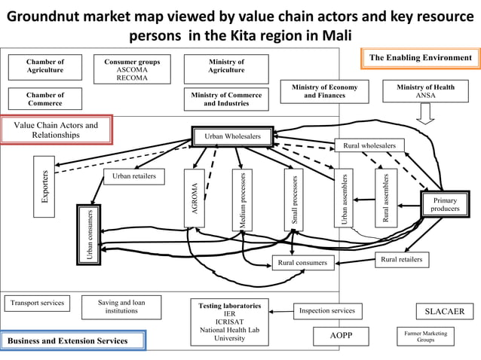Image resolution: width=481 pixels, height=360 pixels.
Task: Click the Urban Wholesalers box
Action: [x=232, y=136]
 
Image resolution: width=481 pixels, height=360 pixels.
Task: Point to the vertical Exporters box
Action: [x=44, y=186]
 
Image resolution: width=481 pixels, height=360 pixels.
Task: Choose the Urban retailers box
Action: [x=133, y=176]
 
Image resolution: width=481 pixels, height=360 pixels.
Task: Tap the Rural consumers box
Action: [x=302, y=263]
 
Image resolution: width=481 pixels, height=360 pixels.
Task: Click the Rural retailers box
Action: [x=402, y=260]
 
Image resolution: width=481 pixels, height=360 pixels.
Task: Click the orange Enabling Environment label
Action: [x=420, y=59]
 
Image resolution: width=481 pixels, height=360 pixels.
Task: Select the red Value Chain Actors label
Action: [x=57, y=130]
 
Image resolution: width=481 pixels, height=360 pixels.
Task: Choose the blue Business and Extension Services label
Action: [x=73, y=340]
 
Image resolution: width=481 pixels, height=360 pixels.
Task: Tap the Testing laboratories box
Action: [x=229, y=322]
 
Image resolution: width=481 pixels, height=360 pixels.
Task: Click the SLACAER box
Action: [x=445, y=312]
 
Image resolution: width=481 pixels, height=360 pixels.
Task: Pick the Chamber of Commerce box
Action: [x=45, y=99]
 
